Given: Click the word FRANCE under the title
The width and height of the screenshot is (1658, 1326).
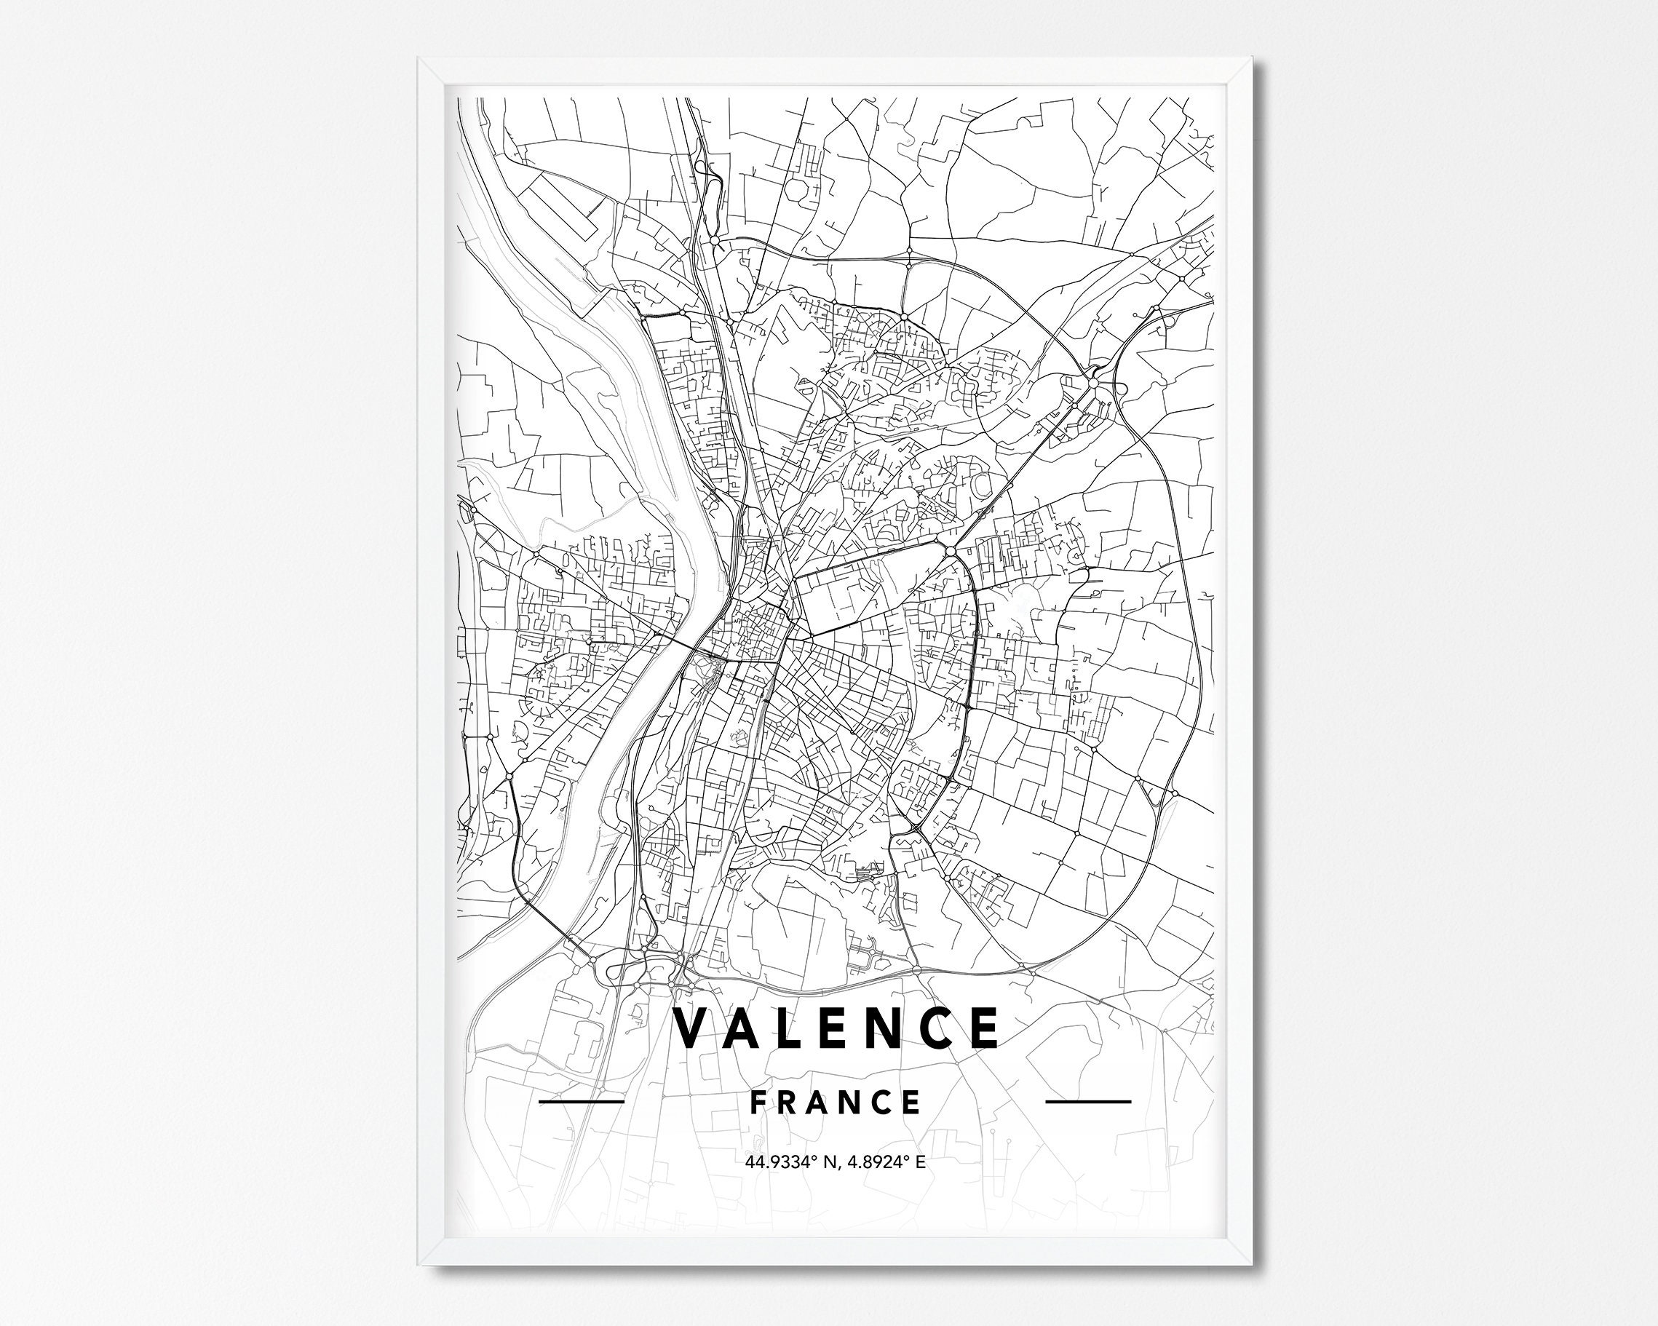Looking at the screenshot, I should tap(835, 1102).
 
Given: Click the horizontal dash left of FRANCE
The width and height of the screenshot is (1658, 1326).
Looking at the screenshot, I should tap(582, 1101).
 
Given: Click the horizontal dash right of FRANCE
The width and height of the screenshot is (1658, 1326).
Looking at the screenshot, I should tap(1088, 1101).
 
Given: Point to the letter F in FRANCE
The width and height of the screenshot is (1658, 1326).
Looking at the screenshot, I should tap(758, 1102).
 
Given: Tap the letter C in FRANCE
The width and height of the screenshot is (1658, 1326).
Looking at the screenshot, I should tap(881, 1102).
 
